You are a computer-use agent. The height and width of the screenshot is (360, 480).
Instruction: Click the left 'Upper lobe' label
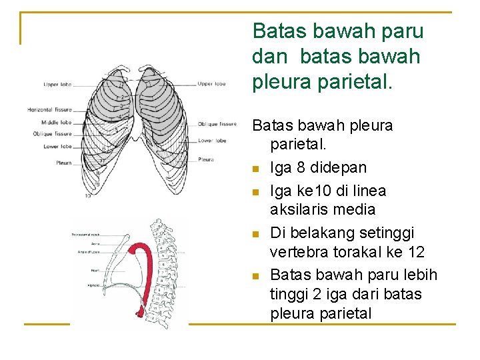[x=57, y=85]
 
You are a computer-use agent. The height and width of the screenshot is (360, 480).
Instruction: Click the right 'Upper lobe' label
[x=211, y=84]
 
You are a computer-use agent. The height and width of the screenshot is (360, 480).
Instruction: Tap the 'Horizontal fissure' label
[x=49, y=109]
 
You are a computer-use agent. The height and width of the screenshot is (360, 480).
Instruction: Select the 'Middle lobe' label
[x=57, y=123]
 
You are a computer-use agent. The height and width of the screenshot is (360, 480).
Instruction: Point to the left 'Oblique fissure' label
[x=52, y=134]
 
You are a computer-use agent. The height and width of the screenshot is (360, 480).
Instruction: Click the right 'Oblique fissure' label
[x=217, y=124]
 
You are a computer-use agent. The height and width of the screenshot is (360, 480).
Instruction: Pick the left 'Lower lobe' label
[x=58, y=147]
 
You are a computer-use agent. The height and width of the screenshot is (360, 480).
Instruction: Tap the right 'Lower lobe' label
[x=212, y=141]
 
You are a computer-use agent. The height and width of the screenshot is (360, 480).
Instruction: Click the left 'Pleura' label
[x=64, y=163]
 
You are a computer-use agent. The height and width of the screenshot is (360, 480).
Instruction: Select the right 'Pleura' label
[x=206, y=159]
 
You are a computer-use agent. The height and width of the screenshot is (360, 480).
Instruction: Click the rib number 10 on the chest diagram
[x=88, y=196]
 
